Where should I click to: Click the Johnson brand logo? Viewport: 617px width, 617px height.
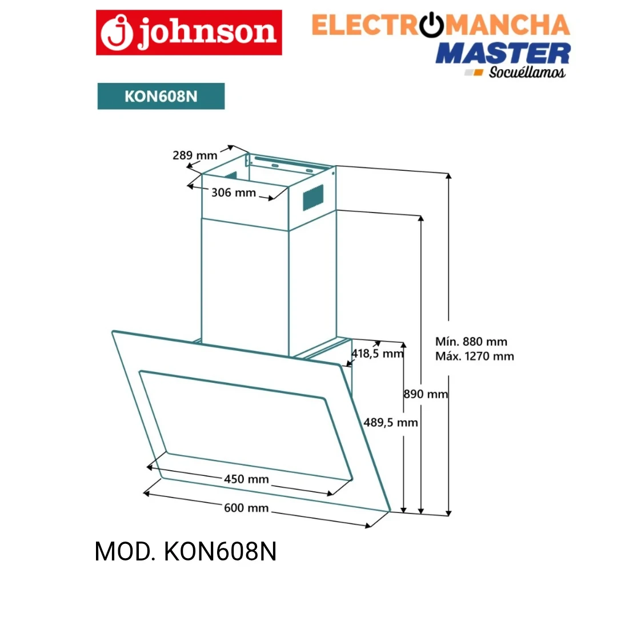(x=189, y=33)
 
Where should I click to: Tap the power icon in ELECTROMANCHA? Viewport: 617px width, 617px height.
(x=431, y=25)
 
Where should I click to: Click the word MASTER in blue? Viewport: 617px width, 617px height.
(x=503, y=54)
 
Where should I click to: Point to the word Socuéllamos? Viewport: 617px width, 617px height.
(x=527, y=73)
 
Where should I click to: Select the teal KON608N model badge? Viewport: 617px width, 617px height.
(x=161, y=96)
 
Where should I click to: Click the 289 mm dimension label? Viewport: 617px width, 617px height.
(x=195, y=155)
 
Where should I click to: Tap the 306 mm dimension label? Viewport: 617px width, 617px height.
(x=234, y=193)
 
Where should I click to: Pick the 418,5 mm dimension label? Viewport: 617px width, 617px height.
(x=378, y=354)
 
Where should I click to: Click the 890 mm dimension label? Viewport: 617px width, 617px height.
(x=426, y=394)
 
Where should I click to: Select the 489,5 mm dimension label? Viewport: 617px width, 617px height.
(x=391, y=423)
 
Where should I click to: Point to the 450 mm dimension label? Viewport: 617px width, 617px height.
(x=246, y=479)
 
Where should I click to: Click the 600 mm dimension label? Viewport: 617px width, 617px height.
(x=246, y=508)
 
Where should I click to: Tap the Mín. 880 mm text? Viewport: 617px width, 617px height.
(x=471, y=342)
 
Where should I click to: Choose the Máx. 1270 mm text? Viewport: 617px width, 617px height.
(x=475, y=356)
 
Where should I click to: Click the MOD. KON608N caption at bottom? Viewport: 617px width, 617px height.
(x=186, y=551)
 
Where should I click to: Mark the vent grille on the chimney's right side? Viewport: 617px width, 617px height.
(x=313, y=197)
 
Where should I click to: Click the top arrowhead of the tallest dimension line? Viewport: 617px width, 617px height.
(x=448, y=175)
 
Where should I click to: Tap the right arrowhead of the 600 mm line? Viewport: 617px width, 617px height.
(x=368, y=525)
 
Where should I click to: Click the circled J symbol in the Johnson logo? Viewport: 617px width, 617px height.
(x=117, y=33)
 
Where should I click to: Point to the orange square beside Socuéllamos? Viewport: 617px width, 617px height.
(x=479, y=73)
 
